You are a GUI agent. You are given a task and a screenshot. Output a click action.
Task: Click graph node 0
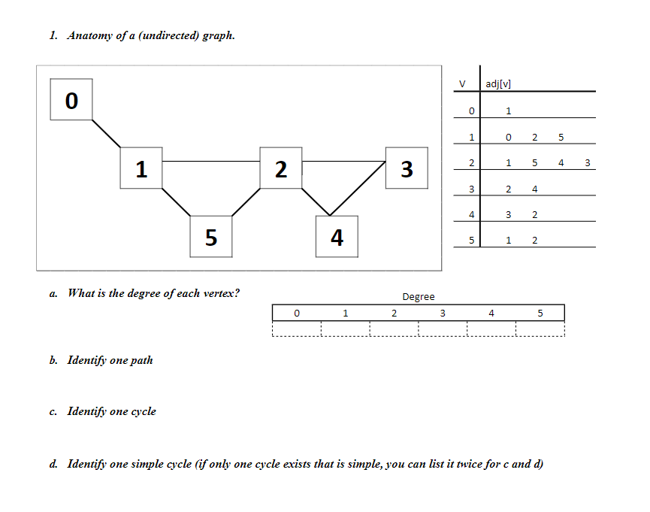click(x=71, y=99)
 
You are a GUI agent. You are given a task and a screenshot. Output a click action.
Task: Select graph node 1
click(x=141, y=168)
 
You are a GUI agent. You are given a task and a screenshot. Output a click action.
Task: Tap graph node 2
click(x=280, y=168)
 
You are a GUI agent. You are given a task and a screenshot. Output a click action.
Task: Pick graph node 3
click(x=407, y=168)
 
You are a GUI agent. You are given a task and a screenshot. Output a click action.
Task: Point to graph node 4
click(x=337, y=237)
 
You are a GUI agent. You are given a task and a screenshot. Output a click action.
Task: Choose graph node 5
click(x=211, y=237)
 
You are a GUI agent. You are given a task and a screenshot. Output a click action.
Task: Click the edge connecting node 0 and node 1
click(x=106, y=133)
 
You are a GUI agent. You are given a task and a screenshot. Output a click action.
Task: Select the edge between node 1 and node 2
click(x=210, y=161)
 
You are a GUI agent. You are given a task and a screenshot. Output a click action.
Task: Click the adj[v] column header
click(x=499, y=83)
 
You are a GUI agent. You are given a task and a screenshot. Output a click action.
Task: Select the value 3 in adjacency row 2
click(x=587, y=163)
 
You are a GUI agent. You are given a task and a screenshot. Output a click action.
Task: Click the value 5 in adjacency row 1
click(x=561, y=138)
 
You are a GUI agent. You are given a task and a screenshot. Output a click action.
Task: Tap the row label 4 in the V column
click(x=471, y=215)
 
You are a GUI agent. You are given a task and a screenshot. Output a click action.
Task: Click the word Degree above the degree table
click(x=418, y=297)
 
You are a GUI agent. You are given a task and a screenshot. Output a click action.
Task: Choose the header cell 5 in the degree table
click(x=540, y=313)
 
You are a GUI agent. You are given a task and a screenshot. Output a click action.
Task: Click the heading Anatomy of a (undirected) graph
click(x=150, y=35)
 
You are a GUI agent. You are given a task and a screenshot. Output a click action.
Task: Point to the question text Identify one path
click(x=110, y=360)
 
